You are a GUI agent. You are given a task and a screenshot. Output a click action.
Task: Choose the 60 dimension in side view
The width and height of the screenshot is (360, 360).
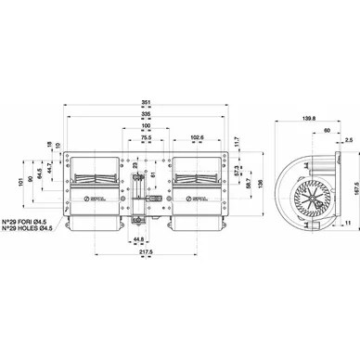tap(326, 131)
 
